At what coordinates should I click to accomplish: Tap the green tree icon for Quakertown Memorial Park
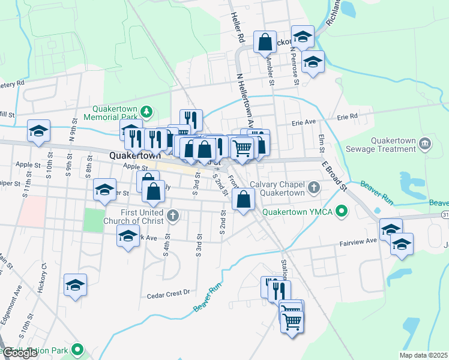pyautogui.click(x=146, y=112)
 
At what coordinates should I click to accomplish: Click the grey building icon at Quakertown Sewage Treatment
pyautogui.click(x=425, y=143)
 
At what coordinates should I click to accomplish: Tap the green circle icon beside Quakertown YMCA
pyautogui.click(x=342, y=211)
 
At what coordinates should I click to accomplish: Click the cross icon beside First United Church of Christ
pyautogui.click(x=172, y=215)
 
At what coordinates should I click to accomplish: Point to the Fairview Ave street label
pyautogui.click(x=358, y=241)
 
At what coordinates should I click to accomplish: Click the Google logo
pyautogui.click(x=20, y=353)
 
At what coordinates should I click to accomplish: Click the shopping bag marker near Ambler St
pyautogui.click(x=265, y=42)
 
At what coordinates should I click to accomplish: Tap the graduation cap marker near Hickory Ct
pyautogui.click(x=76, y=284)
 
